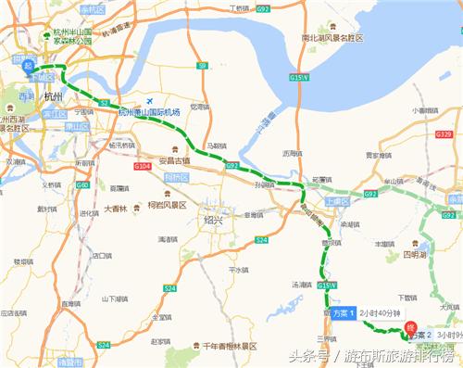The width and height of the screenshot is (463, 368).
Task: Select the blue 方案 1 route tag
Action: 344,313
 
